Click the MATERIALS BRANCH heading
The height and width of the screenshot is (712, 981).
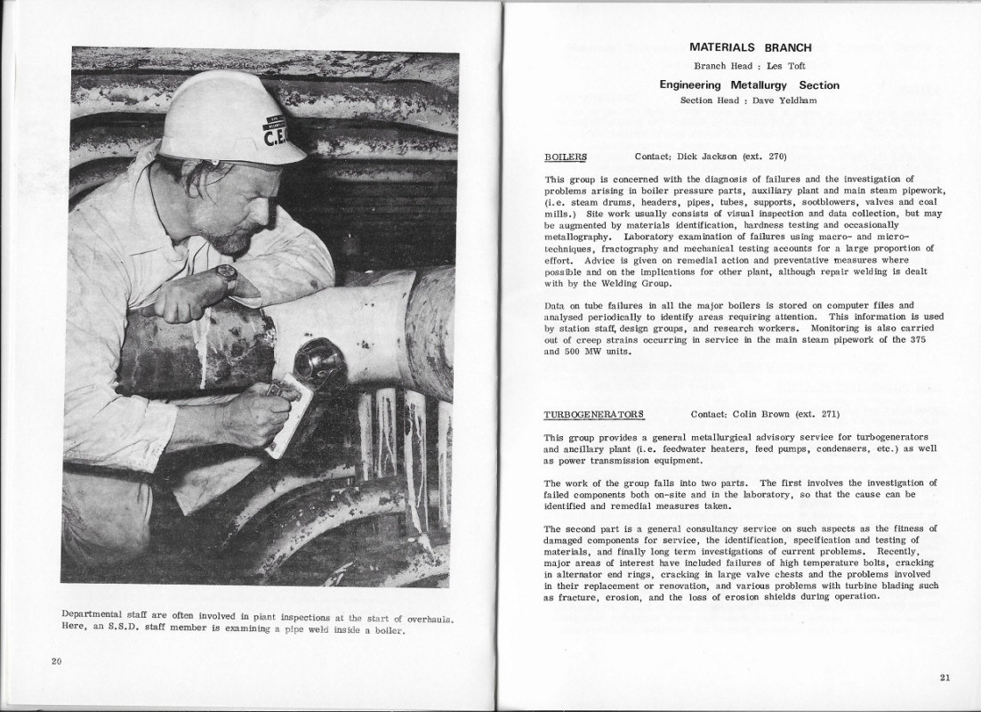point(750,48)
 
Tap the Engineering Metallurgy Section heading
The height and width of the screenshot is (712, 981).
point(749,85)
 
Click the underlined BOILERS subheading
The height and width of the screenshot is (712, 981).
point(566,157)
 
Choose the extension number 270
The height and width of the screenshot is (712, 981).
point(777,157)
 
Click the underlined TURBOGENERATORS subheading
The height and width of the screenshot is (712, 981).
point(593,415)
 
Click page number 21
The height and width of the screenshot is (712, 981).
point(945,677)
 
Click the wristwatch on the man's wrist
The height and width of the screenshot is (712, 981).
point(226,277)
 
